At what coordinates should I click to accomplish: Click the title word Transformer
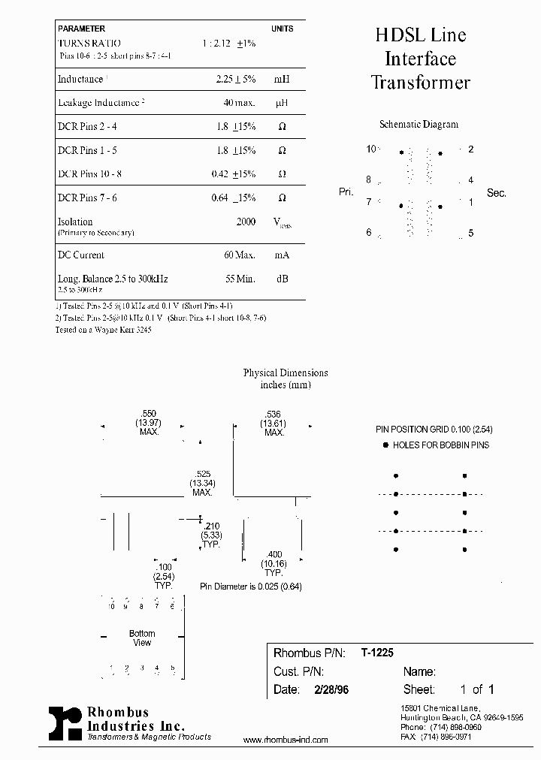click(x=421, y=83)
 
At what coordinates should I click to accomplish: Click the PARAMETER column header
click(x=81, y=29)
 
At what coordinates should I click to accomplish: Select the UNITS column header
click(x=282, y=29)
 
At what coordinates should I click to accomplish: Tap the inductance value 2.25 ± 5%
click(x=235, y=79)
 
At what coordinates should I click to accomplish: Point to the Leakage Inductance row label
click(x=98, y=103)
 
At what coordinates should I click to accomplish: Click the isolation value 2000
click(x=246, y=222)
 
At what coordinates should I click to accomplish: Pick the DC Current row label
click(x=81, y=255)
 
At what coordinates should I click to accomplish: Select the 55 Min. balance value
click(x=240, y=279)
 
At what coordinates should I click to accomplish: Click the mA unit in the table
click(x=282, y=255)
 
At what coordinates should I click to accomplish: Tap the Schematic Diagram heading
click(x=419, y=125)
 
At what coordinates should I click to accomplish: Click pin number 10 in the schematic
click(x=370, y=149)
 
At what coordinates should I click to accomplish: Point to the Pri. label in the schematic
click(x=346, y=192)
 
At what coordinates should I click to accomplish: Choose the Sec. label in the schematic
click(x=496, y=193)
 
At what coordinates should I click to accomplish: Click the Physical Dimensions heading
click(x=286, y=372)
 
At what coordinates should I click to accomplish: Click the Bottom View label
click(x=142, y=638)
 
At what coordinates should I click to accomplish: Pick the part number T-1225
click(x=377, y=653)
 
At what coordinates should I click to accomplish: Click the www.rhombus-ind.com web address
click(x=286, y=740)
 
